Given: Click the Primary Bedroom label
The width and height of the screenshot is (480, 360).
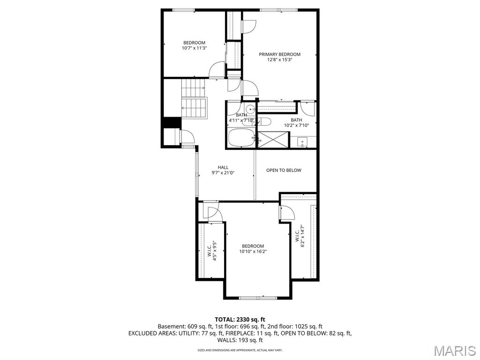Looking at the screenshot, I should (280, 54).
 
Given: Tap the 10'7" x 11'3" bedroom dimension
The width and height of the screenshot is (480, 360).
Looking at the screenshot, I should (195, 48).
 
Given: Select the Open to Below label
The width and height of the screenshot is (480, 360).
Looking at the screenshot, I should (284, 170).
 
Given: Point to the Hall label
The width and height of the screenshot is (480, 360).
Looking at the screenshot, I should (223, 167).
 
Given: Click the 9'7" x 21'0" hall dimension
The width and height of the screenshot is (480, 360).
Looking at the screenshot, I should (223, 173).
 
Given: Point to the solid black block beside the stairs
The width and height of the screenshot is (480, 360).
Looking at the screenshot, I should (171, 122).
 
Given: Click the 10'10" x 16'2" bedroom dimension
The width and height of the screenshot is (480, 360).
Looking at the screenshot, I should (253, 252).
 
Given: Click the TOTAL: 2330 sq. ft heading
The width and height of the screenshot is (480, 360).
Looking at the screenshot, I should (240, 319).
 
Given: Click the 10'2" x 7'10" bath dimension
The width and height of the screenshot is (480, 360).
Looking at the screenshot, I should (296, 125).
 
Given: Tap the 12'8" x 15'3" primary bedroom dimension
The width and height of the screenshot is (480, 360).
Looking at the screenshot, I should (280, 60).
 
